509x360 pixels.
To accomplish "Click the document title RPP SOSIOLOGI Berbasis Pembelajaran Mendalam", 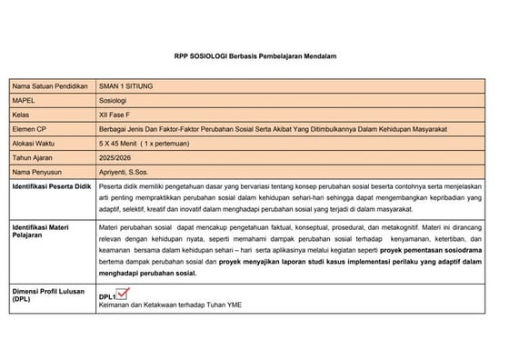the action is tap(254, 56).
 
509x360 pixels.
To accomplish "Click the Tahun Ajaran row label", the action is tap(34, 157).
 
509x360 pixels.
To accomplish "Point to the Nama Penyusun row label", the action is tap(36, 171).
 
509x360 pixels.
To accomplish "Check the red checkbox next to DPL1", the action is tap(125, 293).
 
